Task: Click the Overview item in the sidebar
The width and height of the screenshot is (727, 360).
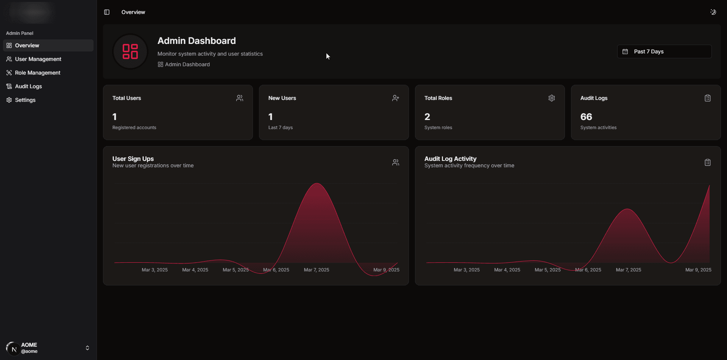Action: point(27,45)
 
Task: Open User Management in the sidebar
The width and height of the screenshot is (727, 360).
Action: point(38,59)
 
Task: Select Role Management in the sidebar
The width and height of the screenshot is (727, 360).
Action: point(37,73)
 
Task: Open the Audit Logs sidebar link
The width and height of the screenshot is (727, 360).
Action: point(28,86)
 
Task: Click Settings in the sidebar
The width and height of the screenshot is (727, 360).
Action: point(25,100)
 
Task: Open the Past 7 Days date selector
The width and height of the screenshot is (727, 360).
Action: point(664,51)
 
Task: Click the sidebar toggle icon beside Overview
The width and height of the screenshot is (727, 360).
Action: point(107,12)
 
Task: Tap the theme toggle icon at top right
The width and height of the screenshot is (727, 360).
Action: point(713,12)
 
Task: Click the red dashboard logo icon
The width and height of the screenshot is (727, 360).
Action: point(130,51)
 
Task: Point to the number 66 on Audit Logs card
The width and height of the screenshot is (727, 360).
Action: point(586,117)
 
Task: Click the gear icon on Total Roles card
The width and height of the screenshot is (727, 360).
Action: point(552,98)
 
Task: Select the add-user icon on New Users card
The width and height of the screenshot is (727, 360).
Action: point(396,98)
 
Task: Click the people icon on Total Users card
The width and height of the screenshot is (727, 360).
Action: point(240,98)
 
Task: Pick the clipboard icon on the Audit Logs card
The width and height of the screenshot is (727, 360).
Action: point(708,98)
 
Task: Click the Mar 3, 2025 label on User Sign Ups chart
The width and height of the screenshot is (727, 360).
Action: point(154,270)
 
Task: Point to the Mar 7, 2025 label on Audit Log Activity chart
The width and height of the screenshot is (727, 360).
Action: point(629,270)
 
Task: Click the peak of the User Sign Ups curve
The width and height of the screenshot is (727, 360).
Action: point(317,184)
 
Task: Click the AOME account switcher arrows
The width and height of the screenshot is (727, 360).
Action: point(87,348)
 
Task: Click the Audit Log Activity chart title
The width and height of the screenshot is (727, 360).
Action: point(450,159)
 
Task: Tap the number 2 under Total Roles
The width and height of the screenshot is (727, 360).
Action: point(427,117)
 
